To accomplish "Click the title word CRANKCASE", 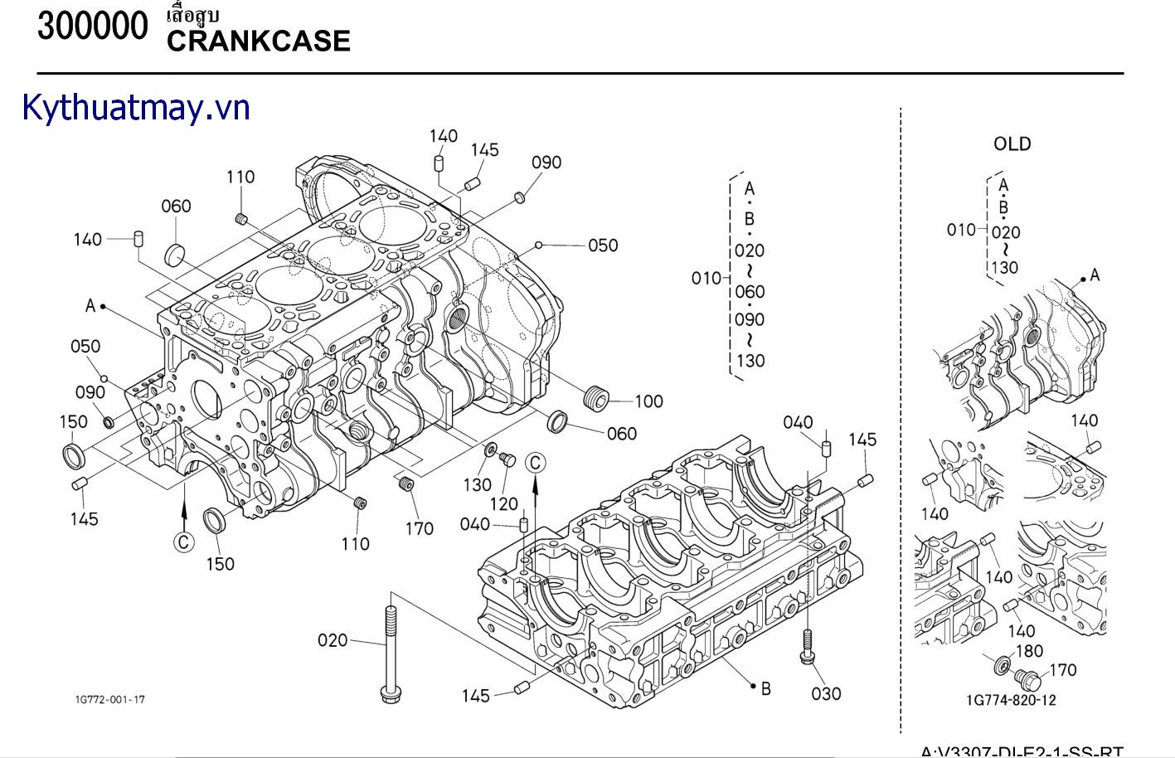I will pos(258,41).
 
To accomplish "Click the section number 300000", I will pos(92,27).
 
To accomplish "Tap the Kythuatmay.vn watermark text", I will pos(136,108).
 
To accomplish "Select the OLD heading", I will pos(1012,144).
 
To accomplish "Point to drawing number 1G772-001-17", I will pos(109,700).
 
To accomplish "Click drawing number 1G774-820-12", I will pos(1011,700).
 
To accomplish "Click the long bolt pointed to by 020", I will pos(390,655).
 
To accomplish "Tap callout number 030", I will pos(826,693).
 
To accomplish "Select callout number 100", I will pos(648,401).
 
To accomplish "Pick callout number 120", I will pos(503,503).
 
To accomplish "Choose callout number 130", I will pos(477,484).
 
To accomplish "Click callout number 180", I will pos(1028,651).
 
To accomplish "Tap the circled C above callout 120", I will pos(536,462).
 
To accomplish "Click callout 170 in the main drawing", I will pos(419,528).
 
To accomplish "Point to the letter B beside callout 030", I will pos(765,688).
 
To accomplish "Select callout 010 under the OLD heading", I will pos(960,230).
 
